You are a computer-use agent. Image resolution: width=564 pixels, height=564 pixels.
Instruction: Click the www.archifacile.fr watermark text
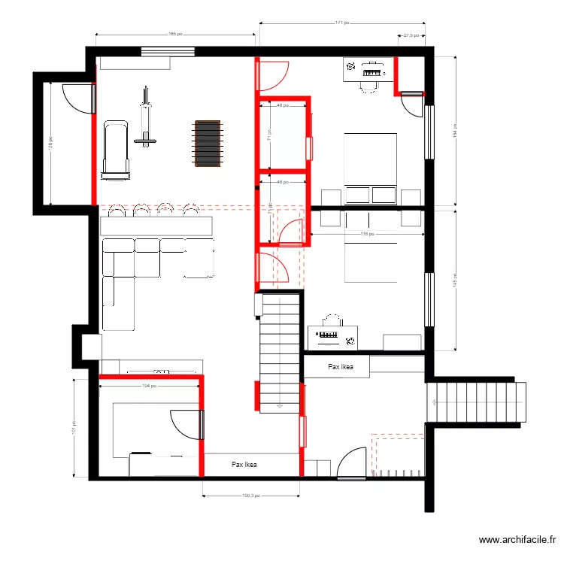tap(518, 540)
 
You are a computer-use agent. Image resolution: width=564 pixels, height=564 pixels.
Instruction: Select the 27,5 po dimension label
tap(411, 35)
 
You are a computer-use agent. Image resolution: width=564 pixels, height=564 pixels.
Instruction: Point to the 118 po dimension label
tap(368, 234)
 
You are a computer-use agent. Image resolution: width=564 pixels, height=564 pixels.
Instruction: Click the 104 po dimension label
tap(150, 386)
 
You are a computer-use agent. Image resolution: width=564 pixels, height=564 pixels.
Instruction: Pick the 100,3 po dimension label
tap(251, 496)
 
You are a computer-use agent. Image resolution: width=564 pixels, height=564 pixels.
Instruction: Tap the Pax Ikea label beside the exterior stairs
tap(340, 367)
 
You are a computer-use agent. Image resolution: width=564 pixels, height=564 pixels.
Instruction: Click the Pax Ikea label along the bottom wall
tap(244, 465)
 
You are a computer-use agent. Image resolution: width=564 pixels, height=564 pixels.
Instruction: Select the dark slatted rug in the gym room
tap(208, 144)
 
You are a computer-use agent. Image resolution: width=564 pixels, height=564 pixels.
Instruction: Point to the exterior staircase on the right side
tap(475, 404)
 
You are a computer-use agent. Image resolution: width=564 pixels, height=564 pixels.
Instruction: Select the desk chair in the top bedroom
tap(368, 85)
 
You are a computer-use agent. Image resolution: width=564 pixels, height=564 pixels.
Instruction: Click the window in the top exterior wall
tap(168, 51)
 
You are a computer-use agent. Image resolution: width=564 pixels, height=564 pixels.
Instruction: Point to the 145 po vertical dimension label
tap(455, 280)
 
